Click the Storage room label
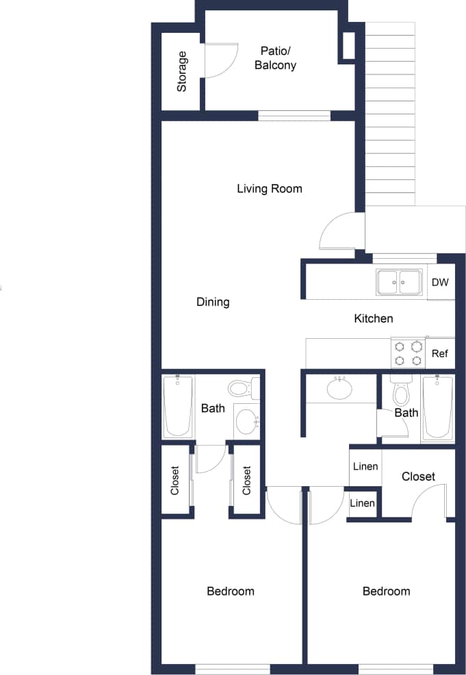click(182, 72)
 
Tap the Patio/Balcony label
click(275, 58)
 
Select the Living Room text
click(269, 188)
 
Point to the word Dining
click(213, 302)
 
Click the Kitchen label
click(373, 318)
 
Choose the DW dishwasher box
click(440, 282)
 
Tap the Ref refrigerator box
click(440, 354)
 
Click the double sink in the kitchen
click(399, 282)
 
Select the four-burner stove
click(408, 353)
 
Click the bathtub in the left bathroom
click(178, 407)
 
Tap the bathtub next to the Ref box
click(438, 407)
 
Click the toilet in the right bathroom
click(400, 392)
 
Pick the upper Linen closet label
click(365, 467)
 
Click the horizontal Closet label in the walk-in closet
click(418, 476)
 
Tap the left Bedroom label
click(231, 591)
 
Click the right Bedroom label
click(386, 591)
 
